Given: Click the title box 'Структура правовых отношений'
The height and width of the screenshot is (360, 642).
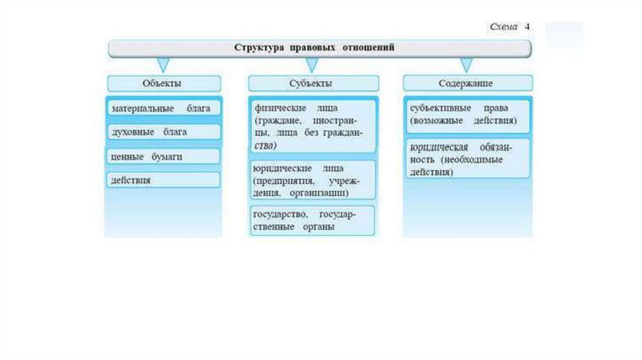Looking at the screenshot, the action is click(320, 48).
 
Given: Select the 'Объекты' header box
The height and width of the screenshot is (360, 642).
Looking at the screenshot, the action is click(163, 83).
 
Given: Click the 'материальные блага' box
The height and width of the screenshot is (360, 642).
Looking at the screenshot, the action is click(163, 108).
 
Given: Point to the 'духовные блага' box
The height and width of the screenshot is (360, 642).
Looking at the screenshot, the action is click(163, 132).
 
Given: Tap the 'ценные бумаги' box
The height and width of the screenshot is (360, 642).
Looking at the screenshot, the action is click(163, 156).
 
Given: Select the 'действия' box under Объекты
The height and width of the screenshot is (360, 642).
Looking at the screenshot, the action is click(163, 180).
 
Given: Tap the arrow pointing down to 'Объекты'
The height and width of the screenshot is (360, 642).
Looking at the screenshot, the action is click(163, 65).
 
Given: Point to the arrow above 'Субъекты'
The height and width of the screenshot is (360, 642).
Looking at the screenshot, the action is click(312, 65).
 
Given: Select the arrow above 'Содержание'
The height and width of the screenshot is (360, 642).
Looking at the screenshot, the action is click(466, 65).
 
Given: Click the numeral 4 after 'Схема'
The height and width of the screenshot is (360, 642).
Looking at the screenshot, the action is click(527, 28).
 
